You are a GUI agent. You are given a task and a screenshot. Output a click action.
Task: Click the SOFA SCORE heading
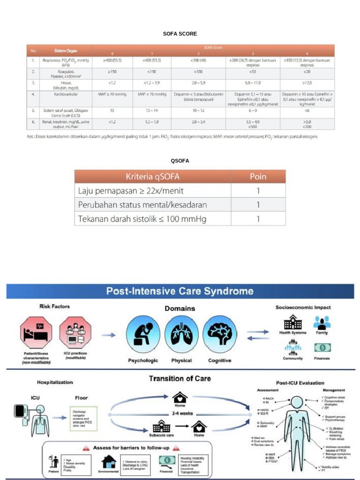[180, 34]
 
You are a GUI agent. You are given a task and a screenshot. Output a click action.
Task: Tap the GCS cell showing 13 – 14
[152, 111]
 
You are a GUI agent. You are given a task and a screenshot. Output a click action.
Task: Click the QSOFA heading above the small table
[180, 161]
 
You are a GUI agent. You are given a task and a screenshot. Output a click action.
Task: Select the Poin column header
[258, 177]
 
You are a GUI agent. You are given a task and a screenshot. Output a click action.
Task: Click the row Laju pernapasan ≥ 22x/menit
[131, 191]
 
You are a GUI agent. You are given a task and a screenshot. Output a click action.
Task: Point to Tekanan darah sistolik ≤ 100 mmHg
[142, 219]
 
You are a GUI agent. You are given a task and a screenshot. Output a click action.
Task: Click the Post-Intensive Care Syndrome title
[180, 291]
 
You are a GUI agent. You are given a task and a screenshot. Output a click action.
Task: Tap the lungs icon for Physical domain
[181, 334]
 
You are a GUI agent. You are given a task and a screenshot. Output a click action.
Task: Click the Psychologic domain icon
[142, 334]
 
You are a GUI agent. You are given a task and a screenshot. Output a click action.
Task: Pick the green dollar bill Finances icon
[322, 348]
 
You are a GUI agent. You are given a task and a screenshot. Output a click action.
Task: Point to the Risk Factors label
[54, 307]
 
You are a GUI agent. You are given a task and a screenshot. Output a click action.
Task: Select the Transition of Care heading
[180, 378]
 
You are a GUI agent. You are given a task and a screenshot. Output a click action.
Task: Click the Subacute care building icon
[161, 426]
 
